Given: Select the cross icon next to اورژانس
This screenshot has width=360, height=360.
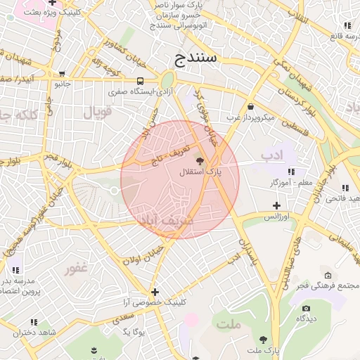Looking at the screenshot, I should point(277,205).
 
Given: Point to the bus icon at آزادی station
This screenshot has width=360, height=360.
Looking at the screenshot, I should point(141,81).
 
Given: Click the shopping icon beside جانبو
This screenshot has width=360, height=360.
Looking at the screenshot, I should point(63,73).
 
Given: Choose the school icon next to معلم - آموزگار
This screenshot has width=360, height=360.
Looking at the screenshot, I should point(291,172).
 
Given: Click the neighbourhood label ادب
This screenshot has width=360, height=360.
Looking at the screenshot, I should point(271,154).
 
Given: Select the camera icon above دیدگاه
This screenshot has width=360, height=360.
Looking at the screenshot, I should point(305,308).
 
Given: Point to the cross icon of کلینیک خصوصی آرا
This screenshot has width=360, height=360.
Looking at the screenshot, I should point(155,292).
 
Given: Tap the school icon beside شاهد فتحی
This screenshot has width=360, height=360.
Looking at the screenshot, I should point(345,187).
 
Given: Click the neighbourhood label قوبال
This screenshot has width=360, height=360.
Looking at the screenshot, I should point(98,111).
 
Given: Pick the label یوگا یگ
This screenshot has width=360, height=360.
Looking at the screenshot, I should point(134,331).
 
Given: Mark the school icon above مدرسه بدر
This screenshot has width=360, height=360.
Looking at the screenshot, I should point(15,269).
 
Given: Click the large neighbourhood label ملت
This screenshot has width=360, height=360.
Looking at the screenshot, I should point(229,324).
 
